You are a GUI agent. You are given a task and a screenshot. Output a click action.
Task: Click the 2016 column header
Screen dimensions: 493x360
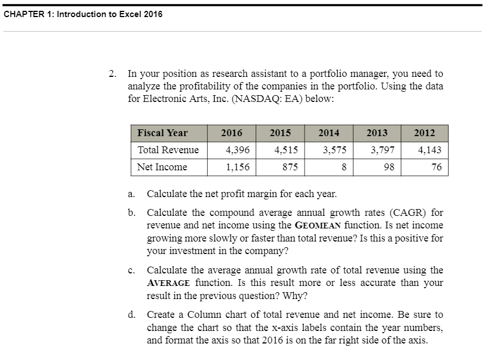coord(232,133)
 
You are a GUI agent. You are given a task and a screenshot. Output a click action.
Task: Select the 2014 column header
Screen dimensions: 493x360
coord(328,133)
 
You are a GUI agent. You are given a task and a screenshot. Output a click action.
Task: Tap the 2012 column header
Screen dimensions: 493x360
coord(424,133)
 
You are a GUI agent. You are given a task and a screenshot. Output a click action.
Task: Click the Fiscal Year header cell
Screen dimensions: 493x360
coord(163,133)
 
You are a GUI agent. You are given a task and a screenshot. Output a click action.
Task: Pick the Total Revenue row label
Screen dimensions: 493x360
coord(169,150)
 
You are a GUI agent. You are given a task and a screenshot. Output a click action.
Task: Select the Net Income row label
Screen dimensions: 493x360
coord(162,167)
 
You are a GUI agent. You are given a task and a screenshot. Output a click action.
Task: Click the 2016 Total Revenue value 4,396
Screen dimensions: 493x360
coord(237,150)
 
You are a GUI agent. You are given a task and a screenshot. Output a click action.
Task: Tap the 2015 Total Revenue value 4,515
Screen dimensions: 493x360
coord(285,150)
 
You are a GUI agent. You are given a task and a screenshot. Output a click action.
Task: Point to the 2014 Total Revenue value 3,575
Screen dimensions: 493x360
coord(334,150)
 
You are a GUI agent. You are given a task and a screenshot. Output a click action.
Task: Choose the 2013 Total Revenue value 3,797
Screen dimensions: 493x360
coord(382,150)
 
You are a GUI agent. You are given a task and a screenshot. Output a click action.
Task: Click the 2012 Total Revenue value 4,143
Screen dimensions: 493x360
coord(429,150)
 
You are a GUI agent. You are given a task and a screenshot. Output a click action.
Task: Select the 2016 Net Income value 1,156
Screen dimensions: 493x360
coord(237,167)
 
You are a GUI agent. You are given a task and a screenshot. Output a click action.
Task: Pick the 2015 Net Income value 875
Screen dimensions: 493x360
coord(289,167)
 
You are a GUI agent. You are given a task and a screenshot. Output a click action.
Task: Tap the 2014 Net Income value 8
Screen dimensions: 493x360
coord(343,167)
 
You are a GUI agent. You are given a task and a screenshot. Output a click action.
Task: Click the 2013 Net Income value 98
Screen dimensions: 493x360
coord(389,167)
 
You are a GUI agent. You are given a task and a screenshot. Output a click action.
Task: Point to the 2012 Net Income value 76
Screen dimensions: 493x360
coord(437,167)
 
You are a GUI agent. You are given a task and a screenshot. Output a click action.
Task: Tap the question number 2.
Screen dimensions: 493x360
coord(113,73)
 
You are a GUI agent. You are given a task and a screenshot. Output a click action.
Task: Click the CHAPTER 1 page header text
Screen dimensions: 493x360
coord(83,14)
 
